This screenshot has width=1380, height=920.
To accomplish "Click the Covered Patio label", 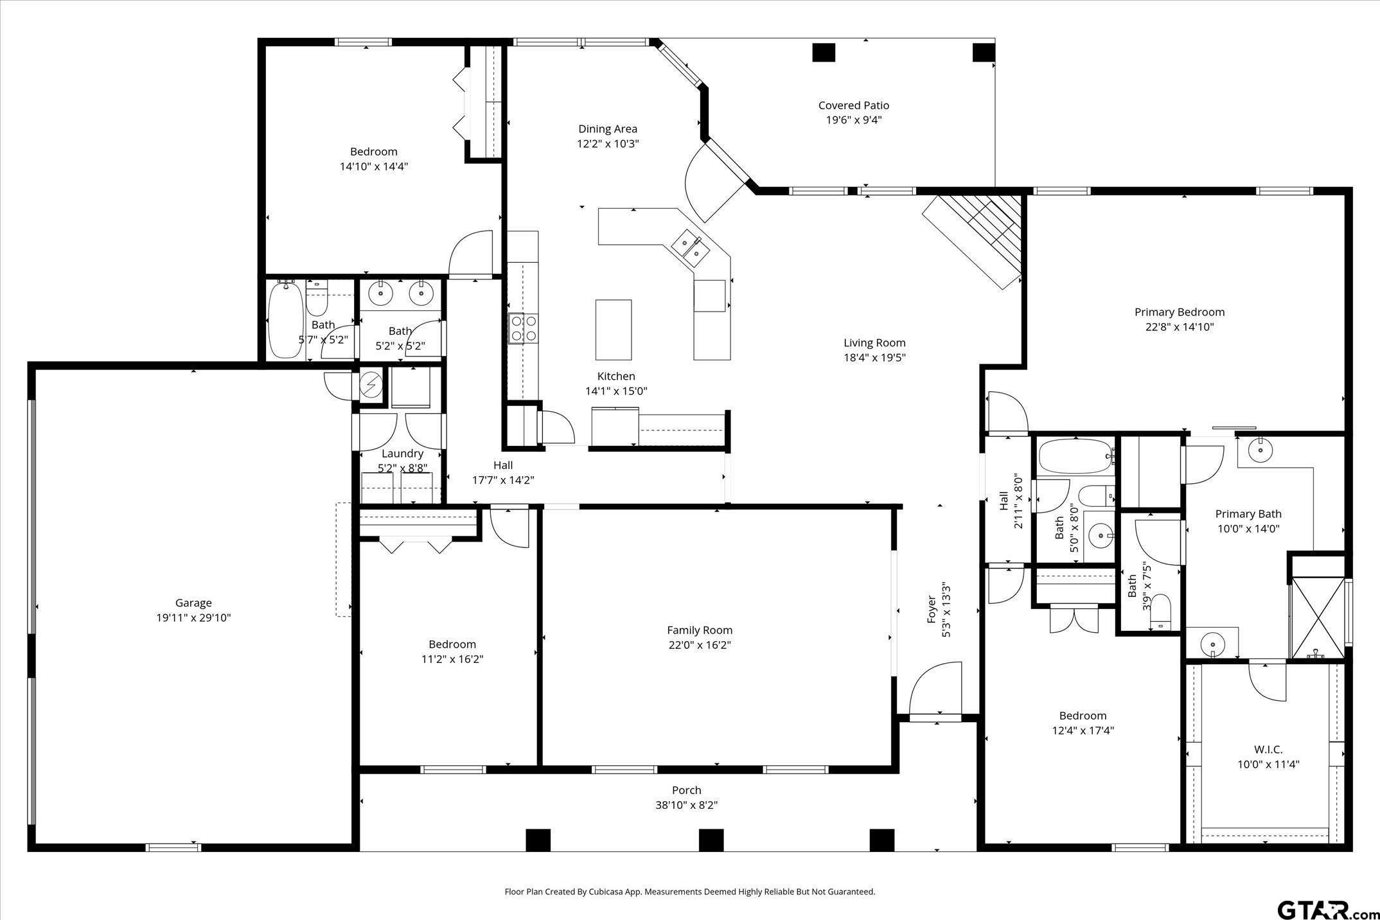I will (x=853, y=105).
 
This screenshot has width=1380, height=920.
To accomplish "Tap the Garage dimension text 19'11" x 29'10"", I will (x=193, y=618).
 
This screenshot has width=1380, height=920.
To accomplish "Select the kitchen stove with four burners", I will (x=523, y=328).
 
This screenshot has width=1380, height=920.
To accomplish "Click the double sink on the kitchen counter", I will (x=689, y=247).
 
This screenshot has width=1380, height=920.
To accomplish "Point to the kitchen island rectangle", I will (x=613, y=330).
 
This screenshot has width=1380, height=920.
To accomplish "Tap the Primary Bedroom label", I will (x=1179, y=312).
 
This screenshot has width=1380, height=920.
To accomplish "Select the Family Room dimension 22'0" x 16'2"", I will (x=700, y=645).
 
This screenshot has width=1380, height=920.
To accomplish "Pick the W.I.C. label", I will (x=1268, y=750).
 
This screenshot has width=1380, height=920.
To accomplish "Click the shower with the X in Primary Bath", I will (x=1317, y=617).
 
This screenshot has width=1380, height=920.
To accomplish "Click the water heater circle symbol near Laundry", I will (x=369, y=385).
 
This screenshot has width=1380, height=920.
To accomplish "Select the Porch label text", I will (x=686, y=790).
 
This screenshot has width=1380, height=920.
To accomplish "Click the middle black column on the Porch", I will (x=711, y=840).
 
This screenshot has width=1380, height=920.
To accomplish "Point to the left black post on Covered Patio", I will (x=823, y=52).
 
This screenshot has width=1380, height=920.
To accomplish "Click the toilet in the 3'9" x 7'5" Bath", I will (x=1160, y=612).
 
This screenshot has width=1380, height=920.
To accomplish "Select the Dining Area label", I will (x=607, y=129).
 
